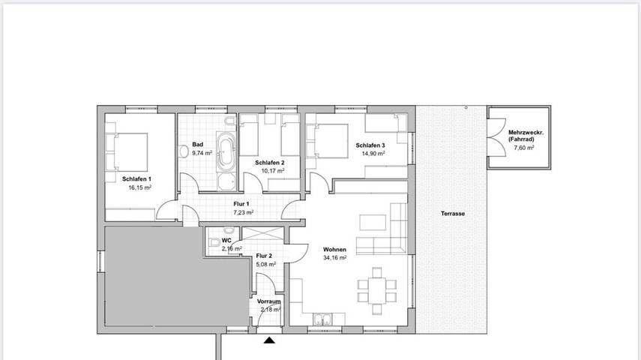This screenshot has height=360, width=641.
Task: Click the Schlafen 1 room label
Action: click(137, 179)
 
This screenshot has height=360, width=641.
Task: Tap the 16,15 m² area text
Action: click(140, 188)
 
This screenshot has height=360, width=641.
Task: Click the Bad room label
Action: click(198, 145)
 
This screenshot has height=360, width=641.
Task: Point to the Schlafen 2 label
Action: click(270, 162)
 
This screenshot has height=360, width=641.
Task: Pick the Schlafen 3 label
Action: click(370, 145)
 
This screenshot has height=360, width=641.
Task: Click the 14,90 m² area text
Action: click(373, 154)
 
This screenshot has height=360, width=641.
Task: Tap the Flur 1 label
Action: click(241, 205)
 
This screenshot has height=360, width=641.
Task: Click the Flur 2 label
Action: click(264, 256)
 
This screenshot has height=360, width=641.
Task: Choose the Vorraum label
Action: click(270, 301)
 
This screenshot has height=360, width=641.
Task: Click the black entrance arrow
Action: click(269, 341)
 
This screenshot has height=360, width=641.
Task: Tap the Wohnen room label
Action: click(334, 250)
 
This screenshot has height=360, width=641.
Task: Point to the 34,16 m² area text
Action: click(334, 258)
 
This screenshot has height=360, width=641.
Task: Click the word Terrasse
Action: click(453, 214)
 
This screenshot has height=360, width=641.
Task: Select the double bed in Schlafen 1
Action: click(129, 150)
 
